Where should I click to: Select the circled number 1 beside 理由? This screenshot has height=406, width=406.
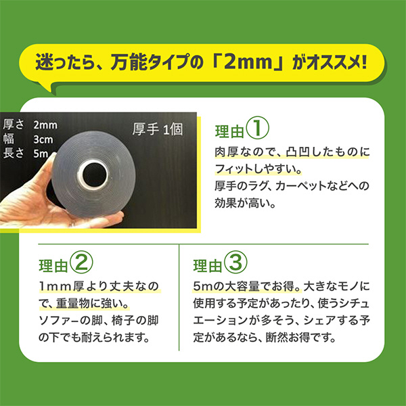257,127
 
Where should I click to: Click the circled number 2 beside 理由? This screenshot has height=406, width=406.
81,262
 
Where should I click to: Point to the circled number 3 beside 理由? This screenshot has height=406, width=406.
235,262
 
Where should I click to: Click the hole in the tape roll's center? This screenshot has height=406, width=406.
94,175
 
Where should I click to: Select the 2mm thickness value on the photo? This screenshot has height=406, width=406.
45,125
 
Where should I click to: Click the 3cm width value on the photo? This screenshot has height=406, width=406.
43,140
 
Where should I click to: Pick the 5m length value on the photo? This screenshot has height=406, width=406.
41,154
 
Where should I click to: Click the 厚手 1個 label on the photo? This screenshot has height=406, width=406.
158,129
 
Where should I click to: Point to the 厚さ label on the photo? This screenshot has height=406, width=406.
14,125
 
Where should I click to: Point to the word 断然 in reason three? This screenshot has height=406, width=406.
277,338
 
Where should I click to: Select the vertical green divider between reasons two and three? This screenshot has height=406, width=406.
179,297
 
